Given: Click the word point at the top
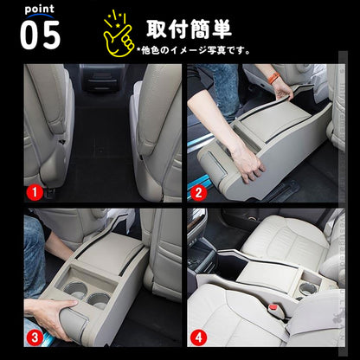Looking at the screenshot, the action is click(39, 10).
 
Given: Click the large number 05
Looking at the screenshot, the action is click(41, 35).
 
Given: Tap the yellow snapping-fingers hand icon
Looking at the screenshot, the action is click(119, 34).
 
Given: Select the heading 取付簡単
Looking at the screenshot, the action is click(189, 29).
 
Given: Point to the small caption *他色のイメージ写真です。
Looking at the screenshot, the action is click(194, 50).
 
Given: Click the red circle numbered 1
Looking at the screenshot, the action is click(35, 192).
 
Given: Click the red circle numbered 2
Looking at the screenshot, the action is click(198, 192).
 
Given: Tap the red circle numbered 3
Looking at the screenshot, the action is click(35, 337).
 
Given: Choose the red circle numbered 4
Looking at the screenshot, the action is click(198, 337).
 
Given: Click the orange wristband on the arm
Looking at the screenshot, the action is click(273, 78).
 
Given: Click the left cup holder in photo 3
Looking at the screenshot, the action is click(75, 289).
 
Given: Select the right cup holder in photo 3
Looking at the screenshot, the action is click(99, 300).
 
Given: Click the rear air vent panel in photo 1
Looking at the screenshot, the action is click(101, 80).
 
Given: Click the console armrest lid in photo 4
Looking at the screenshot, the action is click(269, 275).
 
